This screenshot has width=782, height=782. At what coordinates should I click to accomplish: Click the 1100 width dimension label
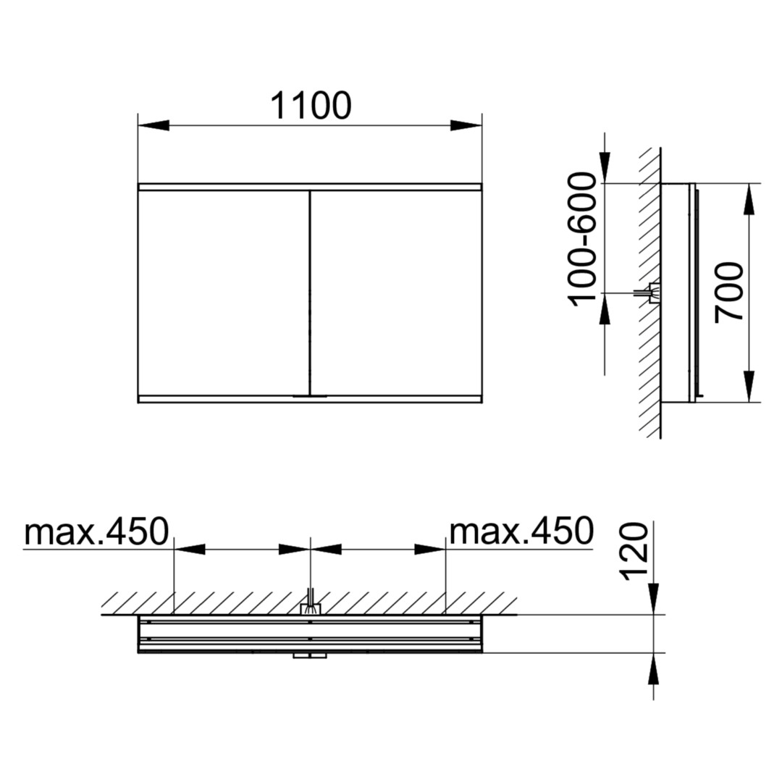[311, 106]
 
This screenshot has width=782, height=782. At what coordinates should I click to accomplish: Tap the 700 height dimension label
[729, 293]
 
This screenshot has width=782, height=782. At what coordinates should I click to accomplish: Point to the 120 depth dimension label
[633, 551]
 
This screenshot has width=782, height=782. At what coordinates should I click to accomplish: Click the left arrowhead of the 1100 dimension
[154, 126]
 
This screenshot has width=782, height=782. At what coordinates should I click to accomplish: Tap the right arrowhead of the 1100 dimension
[466, 126]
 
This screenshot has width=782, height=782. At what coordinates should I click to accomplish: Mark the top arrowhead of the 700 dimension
[749, 200]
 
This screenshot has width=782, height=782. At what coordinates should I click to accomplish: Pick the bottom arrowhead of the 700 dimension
[749, 387]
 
